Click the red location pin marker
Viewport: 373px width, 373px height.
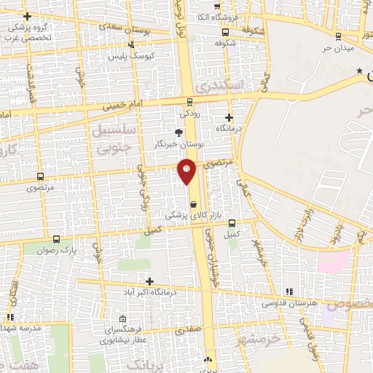(187, 170)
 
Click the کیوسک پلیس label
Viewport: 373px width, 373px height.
(128, 55)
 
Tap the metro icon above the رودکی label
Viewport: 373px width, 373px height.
(189, 102)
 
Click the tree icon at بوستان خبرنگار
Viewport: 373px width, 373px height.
(179, 132)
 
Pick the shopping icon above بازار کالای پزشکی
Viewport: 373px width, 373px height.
(193, 205)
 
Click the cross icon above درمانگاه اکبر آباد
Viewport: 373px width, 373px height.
(149, 281)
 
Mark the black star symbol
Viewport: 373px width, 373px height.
(358, 71)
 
